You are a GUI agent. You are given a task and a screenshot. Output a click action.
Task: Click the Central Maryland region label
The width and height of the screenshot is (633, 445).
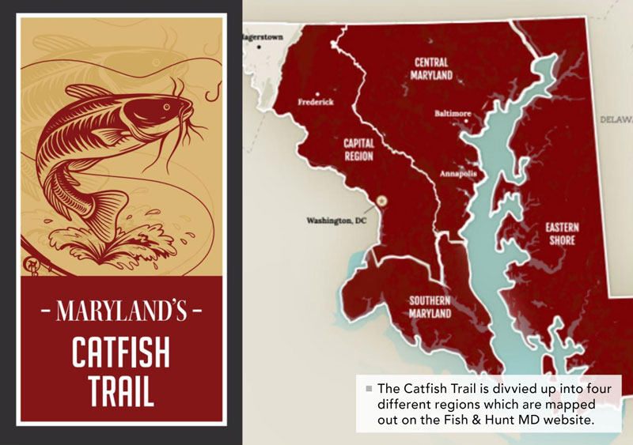coord(431,69)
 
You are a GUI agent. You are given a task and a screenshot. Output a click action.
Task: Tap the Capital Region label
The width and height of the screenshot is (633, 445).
coord(358,150)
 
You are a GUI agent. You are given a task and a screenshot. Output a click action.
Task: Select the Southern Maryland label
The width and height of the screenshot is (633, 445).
coord(430,307)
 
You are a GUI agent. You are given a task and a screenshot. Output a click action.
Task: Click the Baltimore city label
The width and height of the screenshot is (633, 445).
coord(453,114)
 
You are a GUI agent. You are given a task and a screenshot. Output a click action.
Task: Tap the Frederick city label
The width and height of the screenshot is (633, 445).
coord(316,102)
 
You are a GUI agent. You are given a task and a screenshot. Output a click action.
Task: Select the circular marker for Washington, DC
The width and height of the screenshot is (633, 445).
coord(384,201)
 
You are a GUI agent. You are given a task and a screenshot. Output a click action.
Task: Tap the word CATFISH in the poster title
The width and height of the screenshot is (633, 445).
coord(122,353)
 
